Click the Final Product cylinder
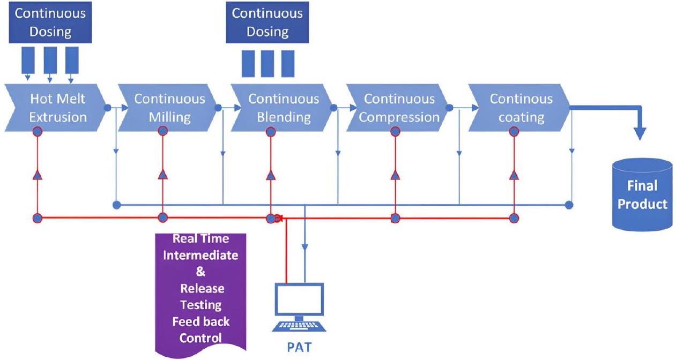point(642,196)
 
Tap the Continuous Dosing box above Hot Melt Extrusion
point(50,22)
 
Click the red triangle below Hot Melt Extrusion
point(38,175)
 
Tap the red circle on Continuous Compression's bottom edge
point(395,132)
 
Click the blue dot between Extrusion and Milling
point(107,108)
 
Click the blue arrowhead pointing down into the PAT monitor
point(304,247)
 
